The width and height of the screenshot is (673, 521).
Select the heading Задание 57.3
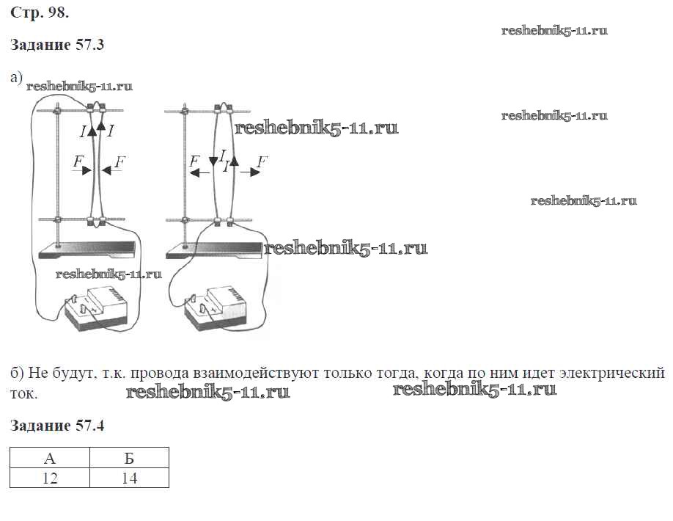[57, 45]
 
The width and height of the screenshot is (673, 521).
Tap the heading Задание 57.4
[57, 426]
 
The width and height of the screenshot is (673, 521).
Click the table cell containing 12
[50, 478]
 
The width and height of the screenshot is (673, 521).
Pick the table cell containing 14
[129, 478]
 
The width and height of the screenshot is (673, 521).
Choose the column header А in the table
[50, 459]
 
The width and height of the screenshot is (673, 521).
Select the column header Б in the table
[129, 459]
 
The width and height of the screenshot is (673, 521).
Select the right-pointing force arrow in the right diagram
[251, 172]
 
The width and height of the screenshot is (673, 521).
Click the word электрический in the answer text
[611, 373]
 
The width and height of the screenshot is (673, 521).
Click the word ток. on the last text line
[24, 393]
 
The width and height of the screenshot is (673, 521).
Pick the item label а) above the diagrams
[17, 77]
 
